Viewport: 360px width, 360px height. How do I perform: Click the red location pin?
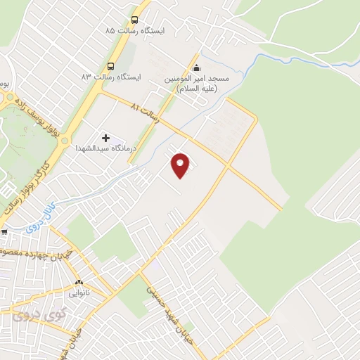tap(181, 165)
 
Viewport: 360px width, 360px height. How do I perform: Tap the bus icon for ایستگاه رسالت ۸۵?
tap(134, 20)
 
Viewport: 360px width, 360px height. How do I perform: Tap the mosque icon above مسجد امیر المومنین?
tap(196, 69)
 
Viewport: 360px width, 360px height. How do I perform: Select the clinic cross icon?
tap(105, 138)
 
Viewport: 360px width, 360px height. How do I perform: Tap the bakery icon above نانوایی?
tap(79, 281)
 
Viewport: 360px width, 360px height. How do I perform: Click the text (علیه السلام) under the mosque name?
tap(198, 89)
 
